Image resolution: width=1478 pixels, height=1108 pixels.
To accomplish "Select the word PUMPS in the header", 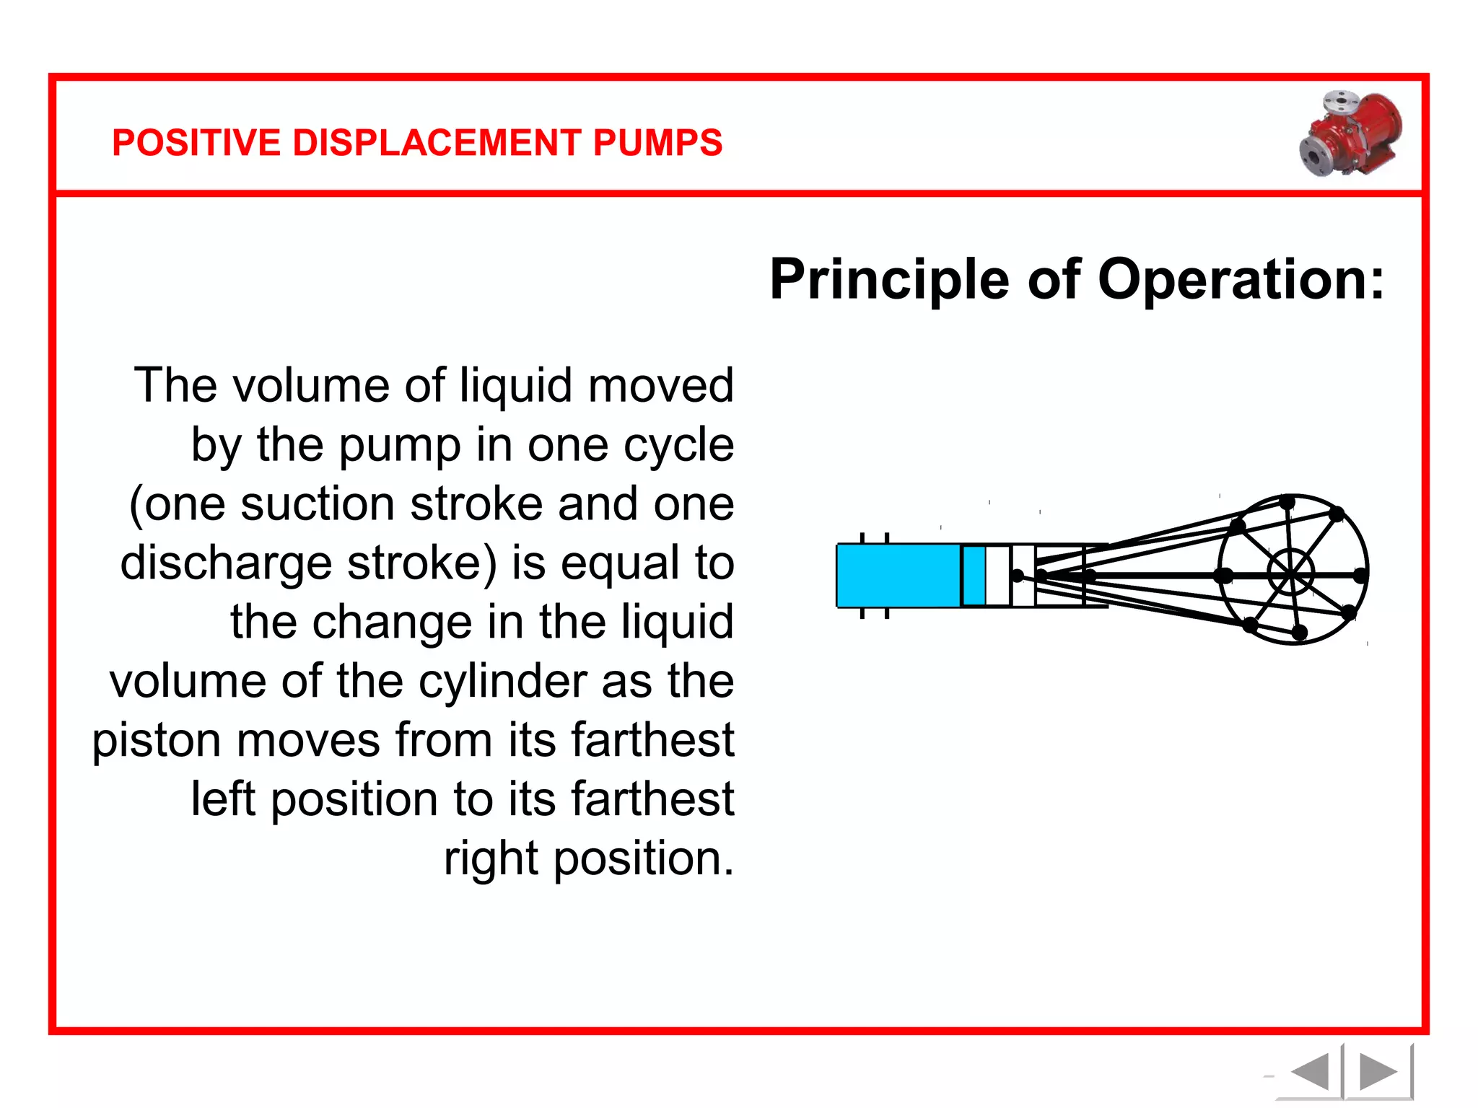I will [x=657, y=143].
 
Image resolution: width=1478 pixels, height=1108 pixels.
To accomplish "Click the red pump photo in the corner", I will [x=1351, y=134].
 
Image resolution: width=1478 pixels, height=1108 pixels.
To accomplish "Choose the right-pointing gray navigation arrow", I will [x=1378, y=1072].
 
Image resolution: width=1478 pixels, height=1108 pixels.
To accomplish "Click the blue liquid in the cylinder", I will [x=898, y=576].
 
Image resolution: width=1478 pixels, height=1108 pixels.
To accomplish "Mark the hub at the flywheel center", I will [x=1291, y=574].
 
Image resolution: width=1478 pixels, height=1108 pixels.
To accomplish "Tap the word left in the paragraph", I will [x=223, y=799].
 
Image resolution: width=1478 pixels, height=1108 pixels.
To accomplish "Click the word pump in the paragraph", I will [x=399, y=445].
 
